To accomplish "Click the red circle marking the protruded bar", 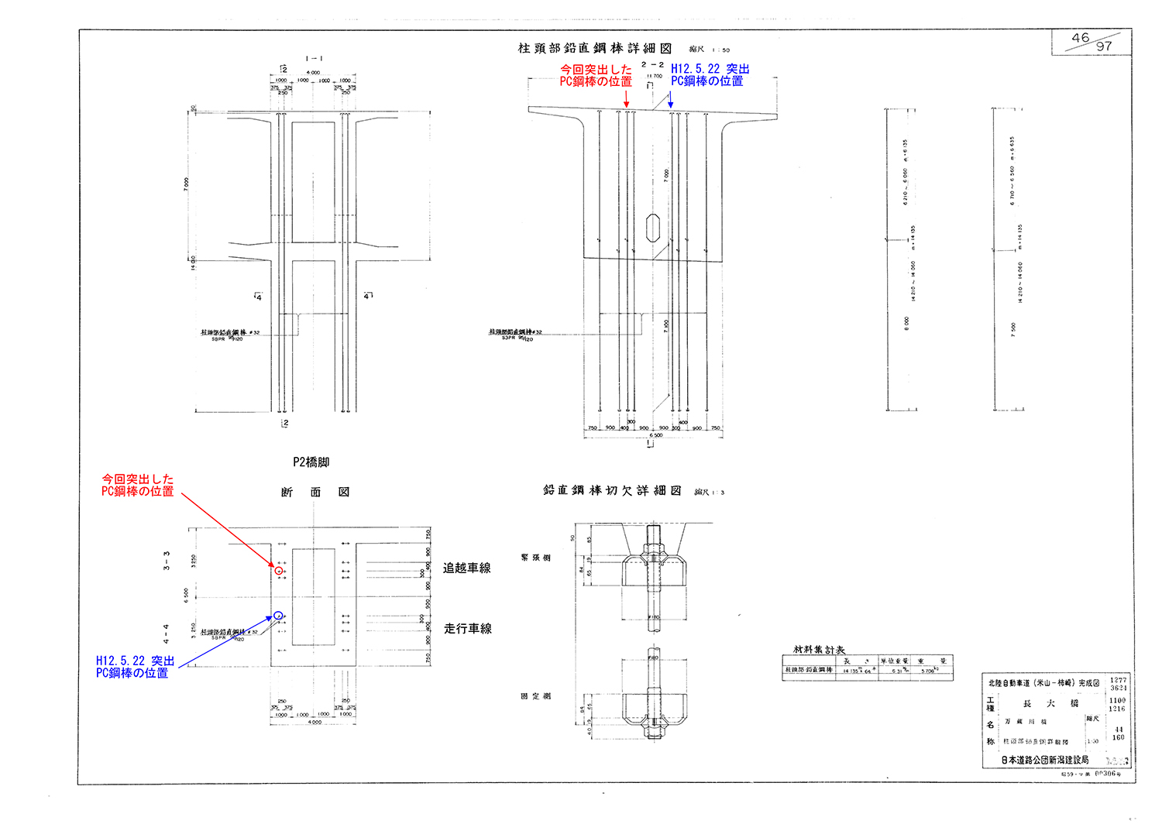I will coord(279,571).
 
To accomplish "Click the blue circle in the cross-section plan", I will coord(278,616).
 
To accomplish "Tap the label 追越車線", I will coord(466,568).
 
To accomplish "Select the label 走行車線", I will coord(467,629).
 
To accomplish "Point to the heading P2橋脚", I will coord(311,462).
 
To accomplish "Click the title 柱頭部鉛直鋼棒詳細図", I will coord(595,49).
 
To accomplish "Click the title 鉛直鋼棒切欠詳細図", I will coord(612,491).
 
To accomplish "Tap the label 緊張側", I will coord(536,558).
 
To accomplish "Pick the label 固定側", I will coord(536,696).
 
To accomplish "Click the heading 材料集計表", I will coord(819,650).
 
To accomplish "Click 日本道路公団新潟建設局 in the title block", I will coord(1044,760).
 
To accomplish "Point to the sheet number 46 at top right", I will coord(1081,38).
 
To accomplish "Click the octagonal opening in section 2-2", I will coord(652,228).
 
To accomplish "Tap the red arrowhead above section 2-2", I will coord(627,105).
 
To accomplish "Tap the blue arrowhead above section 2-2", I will coord(670,105).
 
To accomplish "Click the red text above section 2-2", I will coord(596,75).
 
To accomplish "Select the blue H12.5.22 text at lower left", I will coord(135,667).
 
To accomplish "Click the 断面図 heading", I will coord(315,493).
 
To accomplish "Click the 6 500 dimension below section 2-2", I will coord(655,436).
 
